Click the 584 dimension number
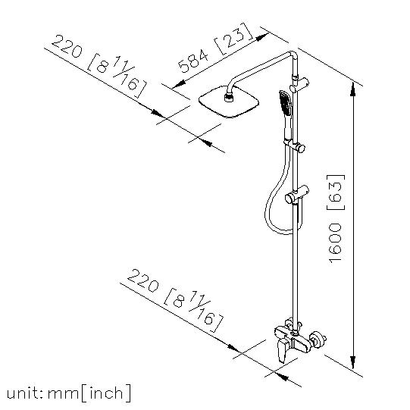tap(193, 61)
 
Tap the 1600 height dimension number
tap(335, 243)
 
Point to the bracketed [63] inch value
tap(336, 192)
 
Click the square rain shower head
tap(229, 102)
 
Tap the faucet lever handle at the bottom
tap(283, 350)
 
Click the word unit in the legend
tap(23, 393)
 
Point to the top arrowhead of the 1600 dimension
tap(352, 89)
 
